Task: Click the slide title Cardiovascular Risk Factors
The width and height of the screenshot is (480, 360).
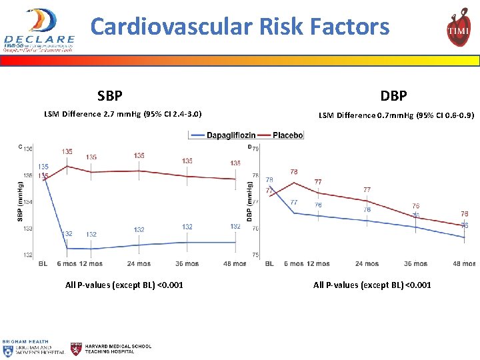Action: click(240, 27)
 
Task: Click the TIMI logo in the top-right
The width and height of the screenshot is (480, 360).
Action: click(458, 28)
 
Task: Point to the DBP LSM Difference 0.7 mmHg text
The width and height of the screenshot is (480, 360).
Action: click(396, 115)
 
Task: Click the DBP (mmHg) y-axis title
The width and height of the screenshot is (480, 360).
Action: click(250, 201)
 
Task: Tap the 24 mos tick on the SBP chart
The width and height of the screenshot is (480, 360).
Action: click(139, 264)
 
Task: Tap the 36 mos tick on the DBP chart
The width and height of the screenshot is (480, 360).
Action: click(415, 264)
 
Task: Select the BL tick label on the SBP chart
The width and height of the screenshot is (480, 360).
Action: click(43, 264)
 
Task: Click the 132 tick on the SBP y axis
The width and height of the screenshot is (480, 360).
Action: click(27, 255)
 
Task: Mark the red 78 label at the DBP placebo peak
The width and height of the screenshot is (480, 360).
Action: click(293, 172)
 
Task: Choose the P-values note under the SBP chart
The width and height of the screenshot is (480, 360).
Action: click(124, 285)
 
